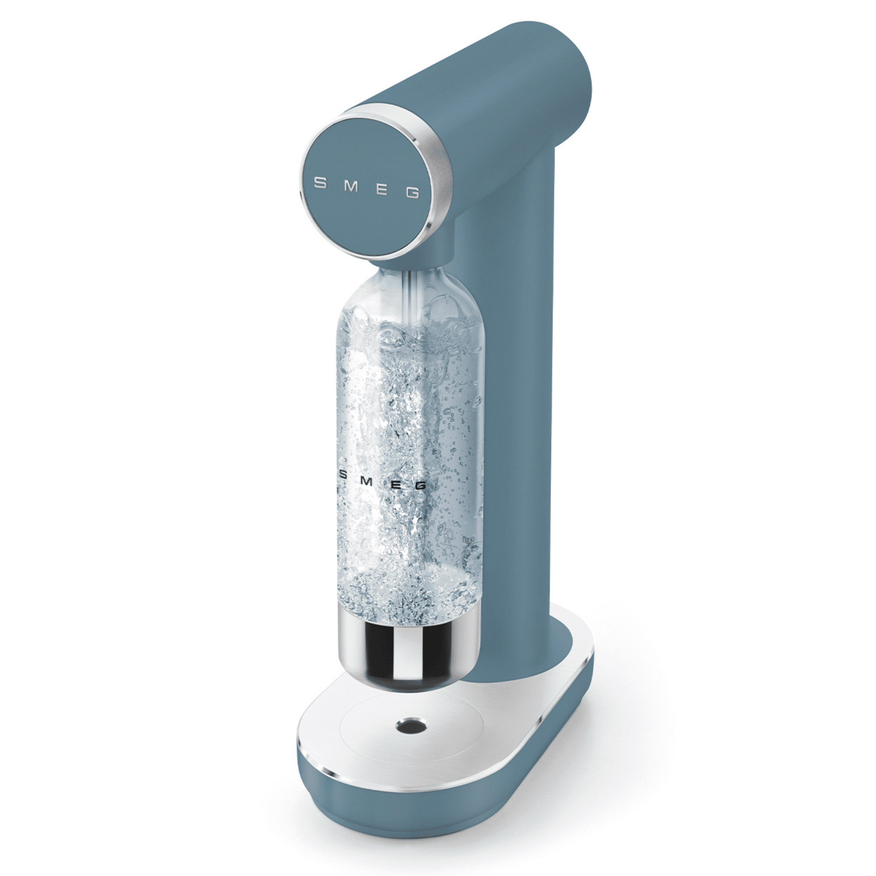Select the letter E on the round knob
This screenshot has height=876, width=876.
tap(382, 190)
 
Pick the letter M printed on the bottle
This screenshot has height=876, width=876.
tap(368, 481)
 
